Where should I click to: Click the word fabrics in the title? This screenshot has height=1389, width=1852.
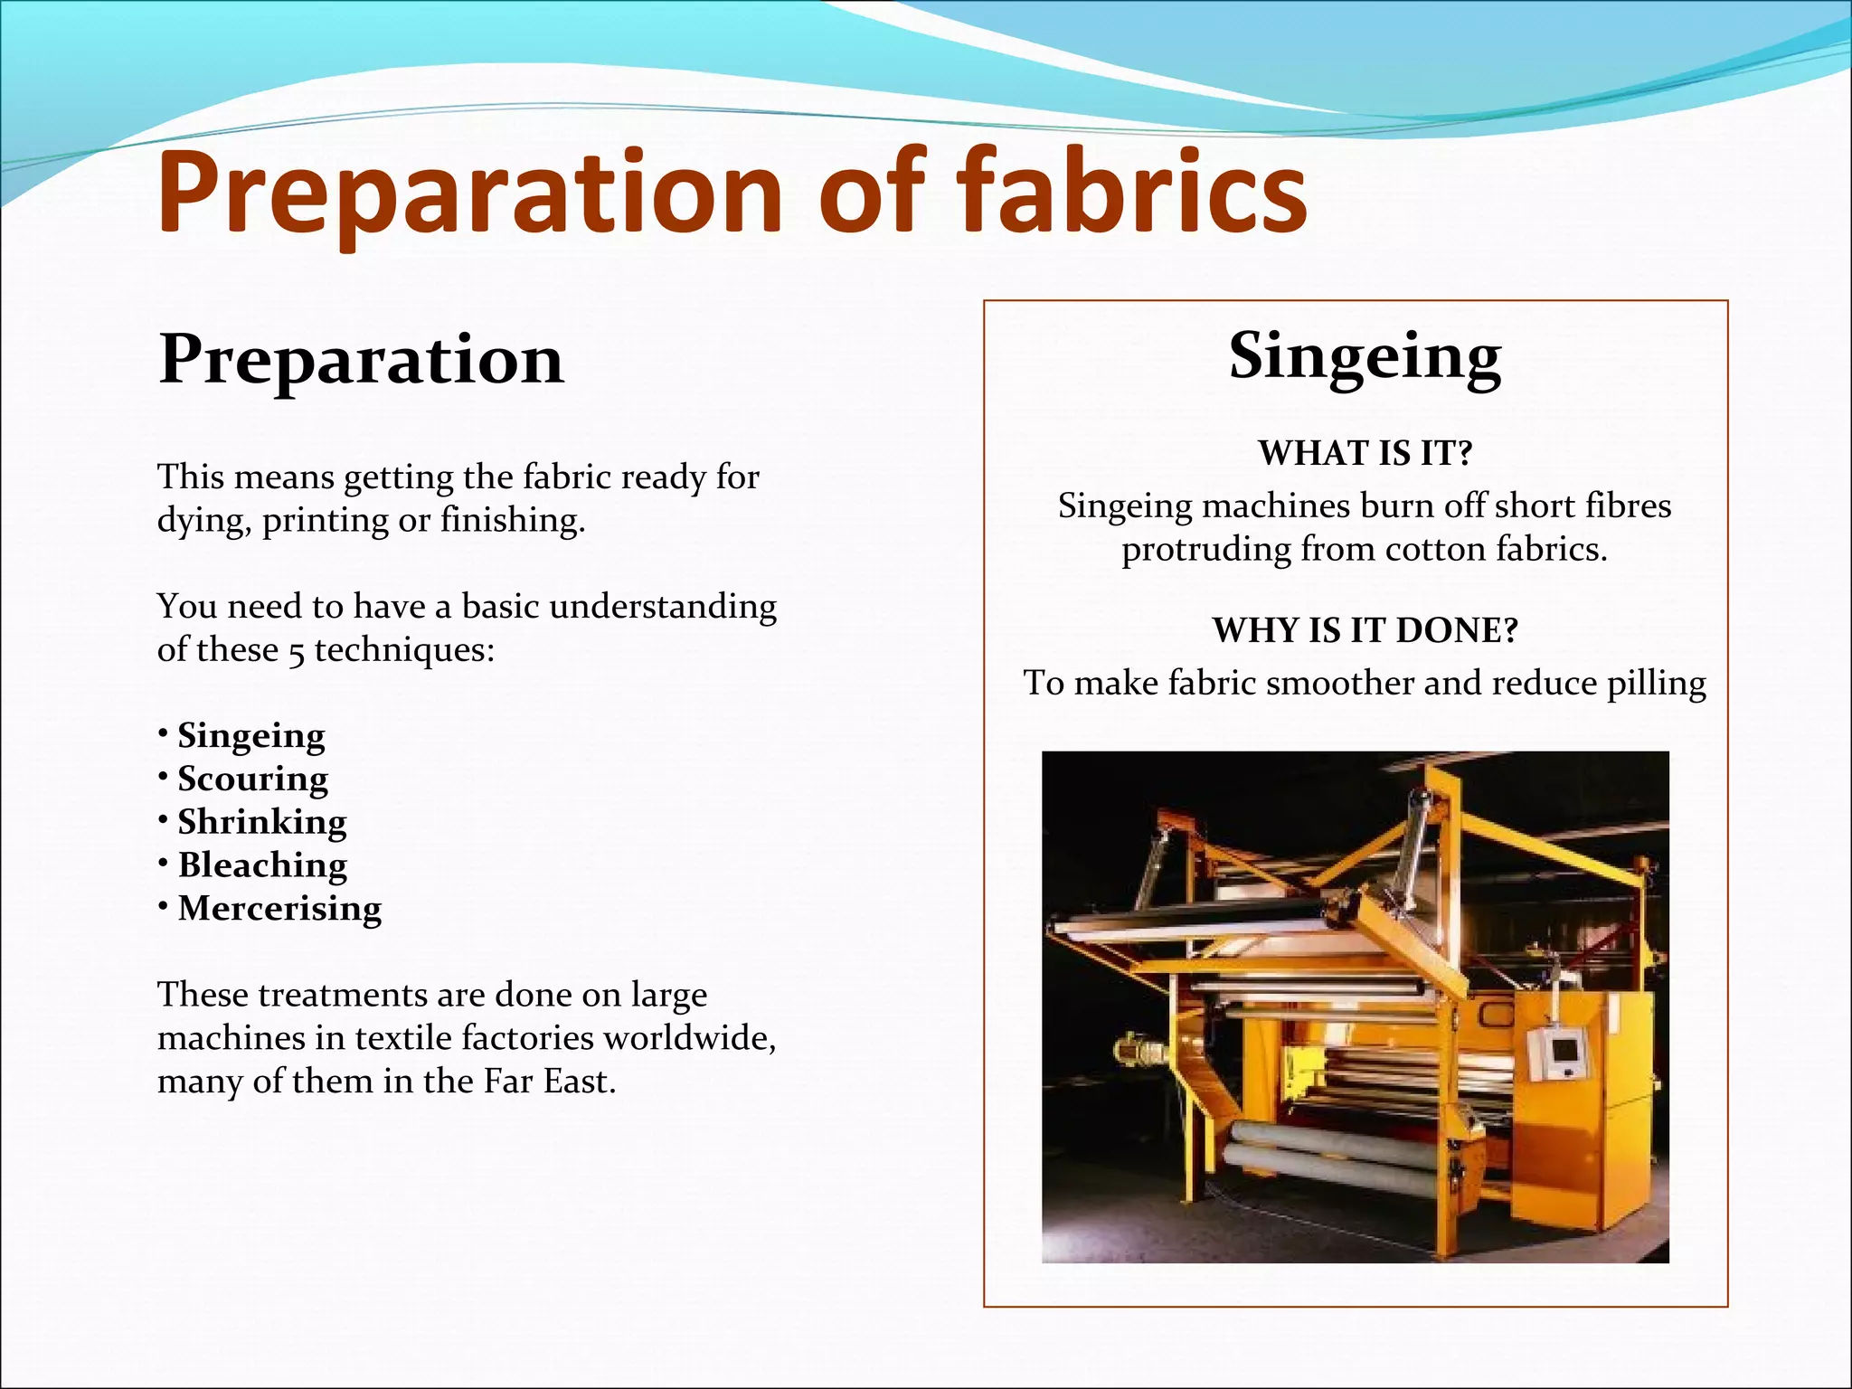[1131, 193]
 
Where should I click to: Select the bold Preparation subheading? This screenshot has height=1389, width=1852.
[361, 360]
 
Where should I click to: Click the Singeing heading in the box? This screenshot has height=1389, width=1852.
[1365, 356]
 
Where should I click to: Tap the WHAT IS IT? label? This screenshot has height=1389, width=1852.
[1365, 453]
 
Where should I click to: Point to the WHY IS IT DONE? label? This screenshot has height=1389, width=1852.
[1365, 630]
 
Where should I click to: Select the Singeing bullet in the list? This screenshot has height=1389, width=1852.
[250, 736]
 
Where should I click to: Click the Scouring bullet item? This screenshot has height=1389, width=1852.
[252, 779]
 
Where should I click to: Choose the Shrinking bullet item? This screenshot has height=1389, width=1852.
[261, 822]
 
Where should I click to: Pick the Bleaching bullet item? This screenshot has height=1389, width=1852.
[262, 865]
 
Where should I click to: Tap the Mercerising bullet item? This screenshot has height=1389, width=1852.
[279, 908]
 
